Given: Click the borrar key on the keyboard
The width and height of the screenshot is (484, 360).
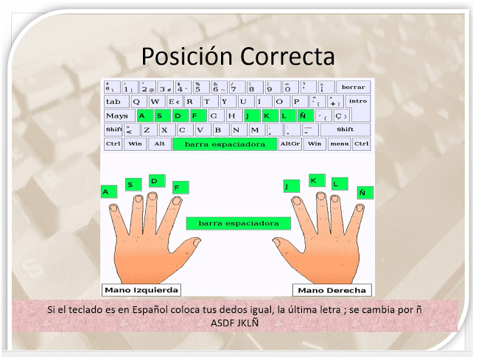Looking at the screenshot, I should coord(354,87).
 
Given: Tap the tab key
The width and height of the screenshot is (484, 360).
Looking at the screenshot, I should coord(114,102).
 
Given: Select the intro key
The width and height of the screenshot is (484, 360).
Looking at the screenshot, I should coord(357,102).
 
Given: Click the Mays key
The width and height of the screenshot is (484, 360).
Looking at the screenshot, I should coord(116,116).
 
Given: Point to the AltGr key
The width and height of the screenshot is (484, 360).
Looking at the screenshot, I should coord(290,144).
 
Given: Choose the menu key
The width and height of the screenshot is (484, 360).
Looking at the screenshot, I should coord(339,144).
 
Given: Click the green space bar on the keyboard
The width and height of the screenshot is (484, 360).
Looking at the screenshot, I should coord(225,144).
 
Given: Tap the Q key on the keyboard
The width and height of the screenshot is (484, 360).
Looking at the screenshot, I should coord(138,102).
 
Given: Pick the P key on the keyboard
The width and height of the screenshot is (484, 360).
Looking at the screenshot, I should coord(297,102).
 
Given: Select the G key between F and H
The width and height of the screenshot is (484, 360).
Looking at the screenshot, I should coord(214,116).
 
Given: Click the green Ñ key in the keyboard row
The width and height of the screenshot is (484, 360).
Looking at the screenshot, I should coord(302,116).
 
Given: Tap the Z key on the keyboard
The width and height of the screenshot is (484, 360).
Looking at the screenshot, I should coord(147,130).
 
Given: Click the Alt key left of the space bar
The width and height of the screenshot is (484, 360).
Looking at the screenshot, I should coord(159,144).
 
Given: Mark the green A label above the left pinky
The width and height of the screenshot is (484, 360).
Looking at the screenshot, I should coord(106,192).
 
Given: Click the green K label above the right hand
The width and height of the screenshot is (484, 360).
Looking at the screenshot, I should coord(315,180).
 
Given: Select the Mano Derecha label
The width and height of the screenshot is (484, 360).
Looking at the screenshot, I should coord(332,290).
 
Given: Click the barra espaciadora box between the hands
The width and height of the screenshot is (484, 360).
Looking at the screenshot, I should coord(233,222).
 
